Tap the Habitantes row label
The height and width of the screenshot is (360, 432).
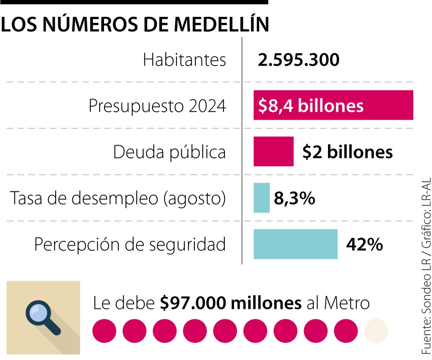tap(184, 60)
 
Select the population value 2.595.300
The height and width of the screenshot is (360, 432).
tap(298, 60)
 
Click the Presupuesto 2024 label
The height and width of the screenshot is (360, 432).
tap(157, 106)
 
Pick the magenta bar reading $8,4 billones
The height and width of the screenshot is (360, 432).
tap(333, 106)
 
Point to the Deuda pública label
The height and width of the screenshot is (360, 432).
tap(169, 152)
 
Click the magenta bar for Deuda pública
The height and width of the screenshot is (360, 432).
tap(273, 152)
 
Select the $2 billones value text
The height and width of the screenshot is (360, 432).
tap(347, 152)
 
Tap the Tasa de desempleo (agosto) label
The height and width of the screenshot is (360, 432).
tap(118, 198)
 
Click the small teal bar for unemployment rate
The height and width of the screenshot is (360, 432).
tap(262, 198)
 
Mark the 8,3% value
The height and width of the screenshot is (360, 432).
tap(294, 198)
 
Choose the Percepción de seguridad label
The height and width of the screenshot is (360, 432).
tap(130, 244)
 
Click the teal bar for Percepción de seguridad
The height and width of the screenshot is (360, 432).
tap(295, 244)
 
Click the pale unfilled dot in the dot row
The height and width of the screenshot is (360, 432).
tap(376, 331)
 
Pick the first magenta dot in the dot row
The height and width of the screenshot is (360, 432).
tap(104, 331)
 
